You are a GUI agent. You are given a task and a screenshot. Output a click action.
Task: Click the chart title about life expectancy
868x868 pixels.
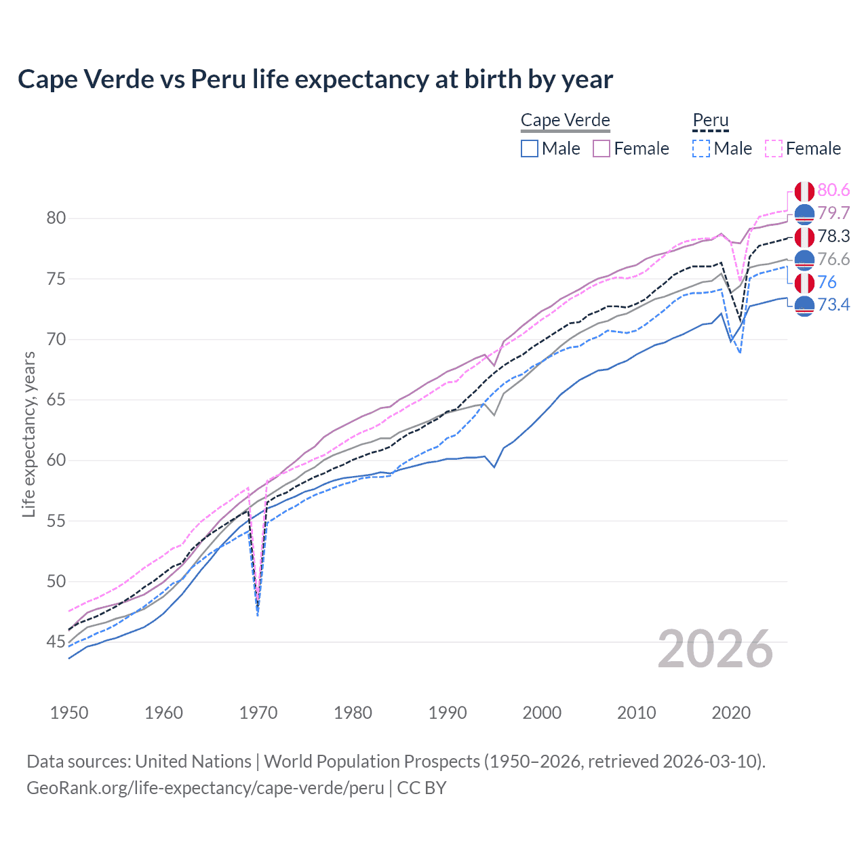tap(315, 79)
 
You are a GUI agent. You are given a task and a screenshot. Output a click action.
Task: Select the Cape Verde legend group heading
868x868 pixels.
tap(565, 121)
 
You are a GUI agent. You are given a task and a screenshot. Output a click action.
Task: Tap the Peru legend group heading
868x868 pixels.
tap(710, 121)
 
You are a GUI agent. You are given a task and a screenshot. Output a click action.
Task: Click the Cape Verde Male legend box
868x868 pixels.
tap(530, 149)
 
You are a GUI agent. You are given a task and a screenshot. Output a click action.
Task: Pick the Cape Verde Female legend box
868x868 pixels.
tap(602, 149)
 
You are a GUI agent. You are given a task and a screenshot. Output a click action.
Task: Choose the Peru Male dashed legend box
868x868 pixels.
tap(701, 149)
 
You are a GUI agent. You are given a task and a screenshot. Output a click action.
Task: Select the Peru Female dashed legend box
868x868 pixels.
tap(774, 149)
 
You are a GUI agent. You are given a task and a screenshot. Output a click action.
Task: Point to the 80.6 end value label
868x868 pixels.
tap(833, 191)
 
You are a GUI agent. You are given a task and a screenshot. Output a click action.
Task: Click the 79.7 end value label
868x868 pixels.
tap(833, 214)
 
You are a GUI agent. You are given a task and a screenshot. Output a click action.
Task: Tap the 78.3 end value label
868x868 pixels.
tap(833, 237)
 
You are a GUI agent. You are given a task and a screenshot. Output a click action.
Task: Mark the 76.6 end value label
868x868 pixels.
tap(833, 260)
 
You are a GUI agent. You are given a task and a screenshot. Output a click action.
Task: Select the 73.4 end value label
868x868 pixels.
tap(833, 305)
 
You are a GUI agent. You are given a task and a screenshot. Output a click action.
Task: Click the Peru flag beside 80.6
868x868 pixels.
tap(804, 191)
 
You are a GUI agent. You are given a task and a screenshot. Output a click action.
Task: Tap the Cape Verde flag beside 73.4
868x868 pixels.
tap(804, 307)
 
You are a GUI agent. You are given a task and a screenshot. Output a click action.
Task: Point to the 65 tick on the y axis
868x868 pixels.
tap(56, 400)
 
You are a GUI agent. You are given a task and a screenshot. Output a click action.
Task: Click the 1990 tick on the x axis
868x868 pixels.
tap(448, 713)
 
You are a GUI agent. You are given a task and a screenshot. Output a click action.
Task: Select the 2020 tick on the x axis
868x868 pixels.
tap(731, 713)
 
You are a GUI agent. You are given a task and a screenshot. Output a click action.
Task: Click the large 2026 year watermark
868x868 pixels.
tap(715, 650)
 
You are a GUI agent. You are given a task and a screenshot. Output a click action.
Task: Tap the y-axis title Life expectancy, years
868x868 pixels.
tap(28, 434)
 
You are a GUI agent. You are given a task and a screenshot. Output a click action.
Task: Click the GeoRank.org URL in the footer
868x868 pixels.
tap(205, 788)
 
